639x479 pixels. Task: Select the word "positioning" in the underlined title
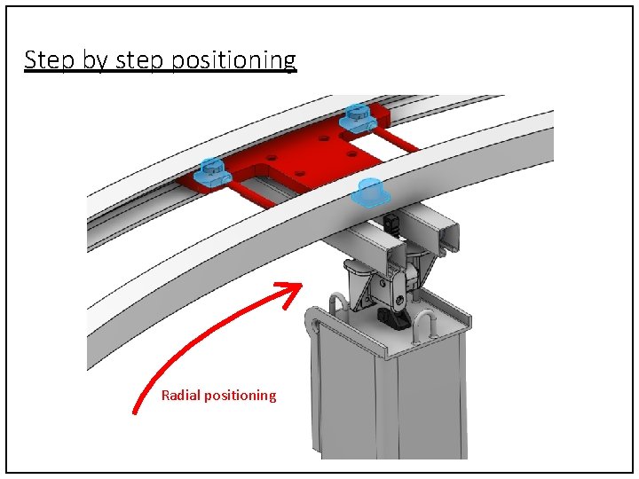(x=245, y=60)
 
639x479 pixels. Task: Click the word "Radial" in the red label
(x=181, y=396)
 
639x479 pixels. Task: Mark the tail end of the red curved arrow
(x=136, y=410)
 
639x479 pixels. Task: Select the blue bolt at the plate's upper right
(x=356, y=116)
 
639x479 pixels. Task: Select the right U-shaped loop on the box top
(x=427, y=325)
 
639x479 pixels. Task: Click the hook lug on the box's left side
(x=312, y=324)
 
